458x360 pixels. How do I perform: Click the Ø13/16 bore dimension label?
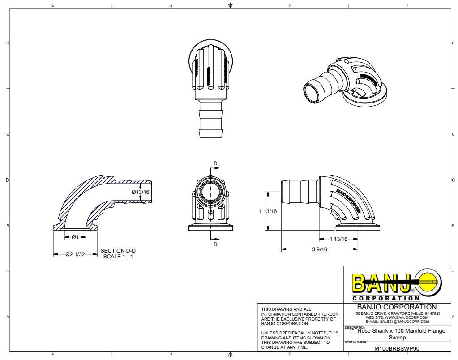point(140,192)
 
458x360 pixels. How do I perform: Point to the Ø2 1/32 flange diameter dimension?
point(75,254)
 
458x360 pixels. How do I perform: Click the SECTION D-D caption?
point(118,251)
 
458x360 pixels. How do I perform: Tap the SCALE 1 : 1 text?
point(118,257)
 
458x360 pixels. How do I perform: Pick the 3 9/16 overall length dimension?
point(320,250)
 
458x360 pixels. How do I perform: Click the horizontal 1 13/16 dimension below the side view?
point(338,239)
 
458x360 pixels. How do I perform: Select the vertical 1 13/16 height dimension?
point(268,211)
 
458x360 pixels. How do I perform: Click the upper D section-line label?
point(215,163)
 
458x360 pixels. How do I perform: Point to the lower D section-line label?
point(215,244)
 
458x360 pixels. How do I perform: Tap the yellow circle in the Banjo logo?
point(429,281)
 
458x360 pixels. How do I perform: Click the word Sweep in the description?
point(397,337)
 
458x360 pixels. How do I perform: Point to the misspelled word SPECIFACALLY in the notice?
point(298,333)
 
